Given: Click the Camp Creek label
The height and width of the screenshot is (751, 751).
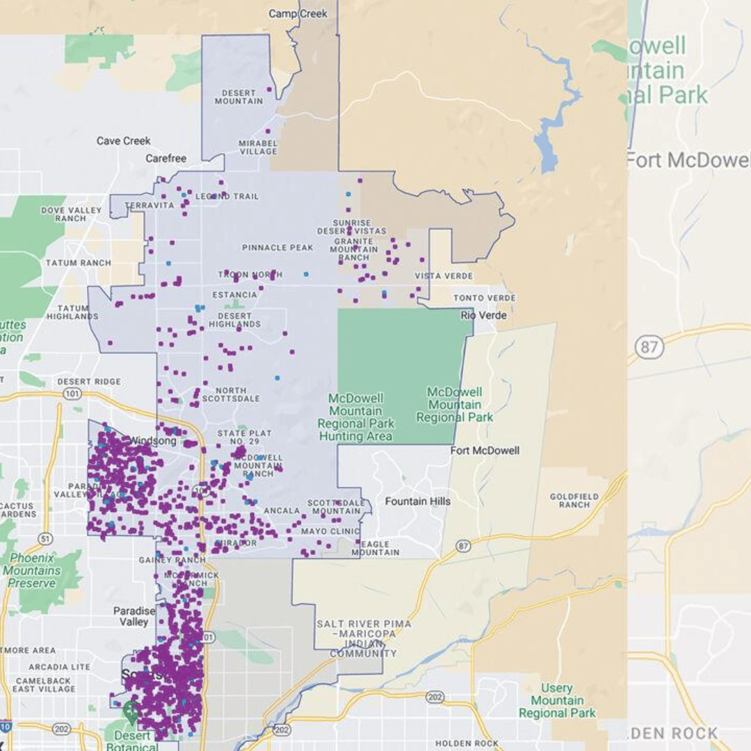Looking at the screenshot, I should [x=298, y=14].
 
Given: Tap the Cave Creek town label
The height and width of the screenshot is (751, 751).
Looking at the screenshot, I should [x=123, y=141].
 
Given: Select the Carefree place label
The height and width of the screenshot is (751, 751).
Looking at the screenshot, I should [x=165, y=159].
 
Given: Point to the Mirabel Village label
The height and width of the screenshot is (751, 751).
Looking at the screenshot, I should [x=258, y=147].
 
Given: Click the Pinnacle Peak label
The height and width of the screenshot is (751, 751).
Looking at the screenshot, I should [x=277, y=248].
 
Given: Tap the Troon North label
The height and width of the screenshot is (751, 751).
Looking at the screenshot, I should [x=250, y=275].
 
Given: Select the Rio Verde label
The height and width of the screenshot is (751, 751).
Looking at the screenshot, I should [x=484, y=315].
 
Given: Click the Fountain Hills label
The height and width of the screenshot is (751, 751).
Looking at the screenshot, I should [x=417, y=501].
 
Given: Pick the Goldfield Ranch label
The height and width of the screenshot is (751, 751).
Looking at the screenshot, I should [x=574, y=501].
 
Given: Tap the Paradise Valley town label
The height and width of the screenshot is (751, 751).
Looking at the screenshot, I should [x=134, y=616].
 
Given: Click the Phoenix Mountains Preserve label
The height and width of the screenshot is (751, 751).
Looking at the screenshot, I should [x=32, y=570].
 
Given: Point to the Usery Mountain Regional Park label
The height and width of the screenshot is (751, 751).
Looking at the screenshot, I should [x=557, y=700].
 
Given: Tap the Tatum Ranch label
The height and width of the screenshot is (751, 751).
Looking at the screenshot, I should [x=78, y=263].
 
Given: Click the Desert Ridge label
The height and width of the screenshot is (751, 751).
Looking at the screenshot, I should [x=89, y=382].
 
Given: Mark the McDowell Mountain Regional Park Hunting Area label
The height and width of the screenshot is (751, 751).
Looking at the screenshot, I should [x=355, y=417].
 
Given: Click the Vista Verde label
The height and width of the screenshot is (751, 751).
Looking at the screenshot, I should [x=444, y=276].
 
